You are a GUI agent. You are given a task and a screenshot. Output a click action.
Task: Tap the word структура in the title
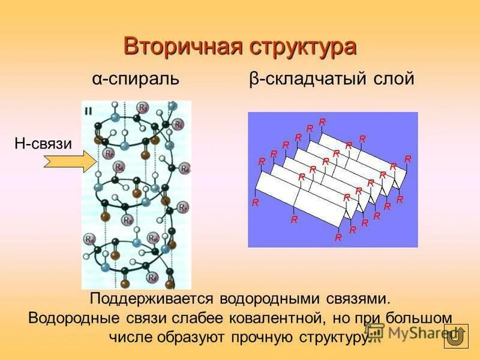coord(298,47)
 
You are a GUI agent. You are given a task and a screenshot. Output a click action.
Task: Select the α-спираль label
coord(135,79)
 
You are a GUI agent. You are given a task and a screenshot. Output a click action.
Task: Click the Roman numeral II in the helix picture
coord(88,110)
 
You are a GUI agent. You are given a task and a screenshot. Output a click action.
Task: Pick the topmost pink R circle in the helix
coord(143,107)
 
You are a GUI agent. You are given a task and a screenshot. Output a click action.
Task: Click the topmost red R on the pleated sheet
coord(322,122)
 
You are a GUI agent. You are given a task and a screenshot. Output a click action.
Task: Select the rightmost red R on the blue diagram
coord(408,159)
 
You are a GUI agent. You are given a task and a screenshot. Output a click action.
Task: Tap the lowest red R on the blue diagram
coord(338,238)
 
